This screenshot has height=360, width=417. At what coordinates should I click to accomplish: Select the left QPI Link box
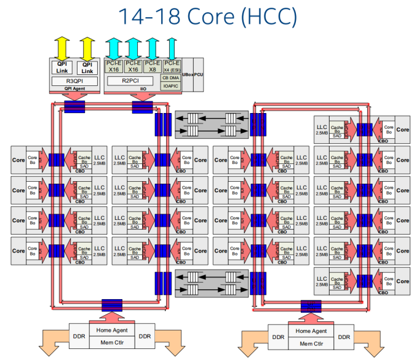[x=62, y=68]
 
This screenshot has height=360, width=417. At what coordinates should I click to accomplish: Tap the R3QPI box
[x=75, y=80]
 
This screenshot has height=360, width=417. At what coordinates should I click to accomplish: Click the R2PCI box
[x=130, y=80]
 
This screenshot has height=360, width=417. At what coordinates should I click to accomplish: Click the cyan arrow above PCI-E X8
[x=151, y=47]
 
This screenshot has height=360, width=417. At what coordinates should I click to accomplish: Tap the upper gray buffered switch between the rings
[x=212, y=123]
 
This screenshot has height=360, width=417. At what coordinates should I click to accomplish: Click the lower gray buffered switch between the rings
[x=212, y=283]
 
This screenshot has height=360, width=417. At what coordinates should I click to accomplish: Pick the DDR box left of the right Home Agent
[x=279, y=337]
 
